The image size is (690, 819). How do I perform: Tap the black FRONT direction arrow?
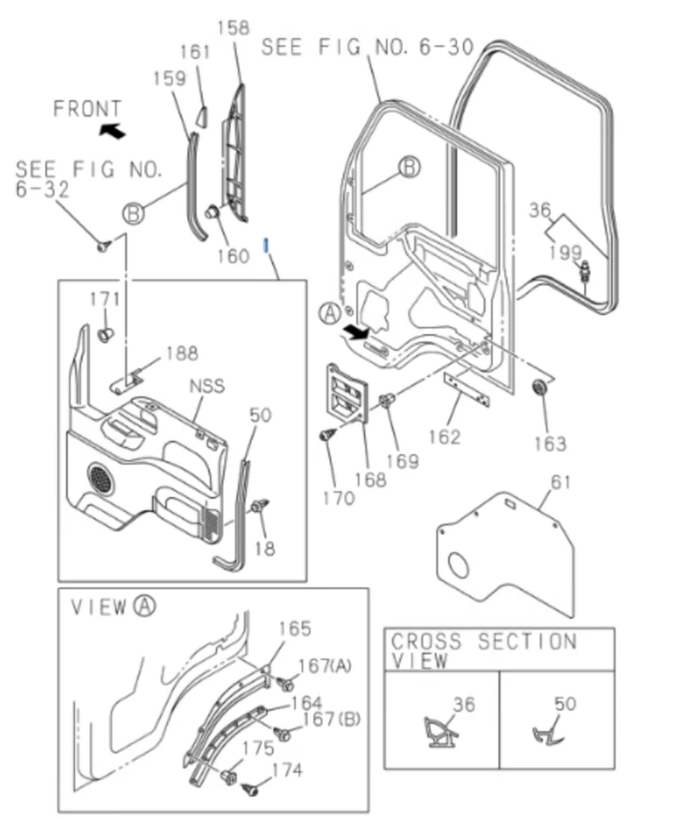pos(111,130)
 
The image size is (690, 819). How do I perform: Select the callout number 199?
pos(565,252)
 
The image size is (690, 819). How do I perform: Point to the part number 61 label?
pos(560,484)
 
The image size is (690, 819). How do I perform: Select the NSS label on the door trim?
pos(206,386)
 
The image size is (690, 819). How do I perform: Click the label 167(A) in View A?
pos(326,665)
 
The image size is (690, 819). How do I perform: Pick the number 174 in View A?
pos(286,770)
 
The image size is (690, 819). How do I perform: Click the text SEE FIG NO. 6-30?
pos(367,46)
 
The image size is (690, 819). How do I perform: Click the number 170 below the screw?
pos(339,497)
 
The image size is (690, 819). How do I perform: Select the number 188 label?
pos(182,352)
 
